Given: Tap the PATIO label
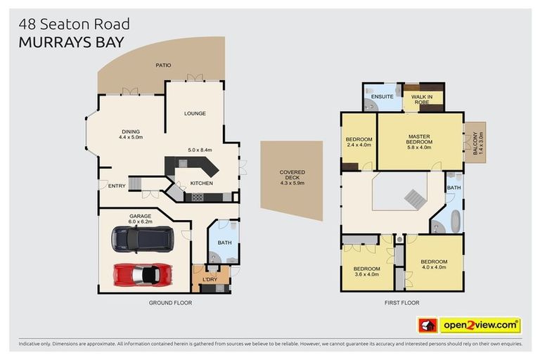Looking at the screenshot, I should point(163,65).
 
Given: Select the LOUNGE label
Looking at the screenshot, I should point(195,113).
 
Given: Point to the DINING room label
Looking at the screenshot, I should point(131,131).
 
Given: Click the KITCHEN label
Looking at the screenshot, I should point(201,184).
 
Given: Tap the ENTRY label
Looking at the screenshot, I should point(116,186).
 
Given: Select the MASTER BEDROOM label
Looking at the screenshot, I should point(420,139).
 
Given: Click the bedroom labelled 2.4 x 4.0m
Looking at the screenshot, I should point(359,142).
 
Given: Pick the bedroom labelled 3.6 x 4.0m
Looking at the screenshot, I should point(366,271).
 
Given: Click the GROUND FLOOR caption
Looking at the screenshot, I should point(170,302).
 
